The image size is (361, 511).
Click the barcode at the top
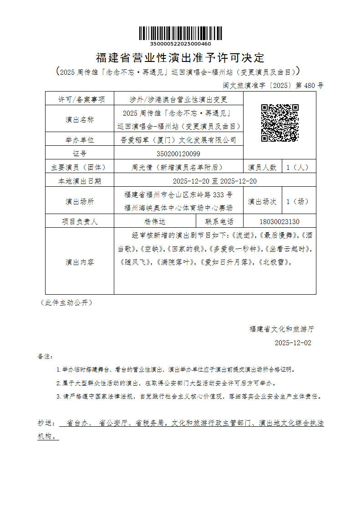pyautogui.click(x=180, y=33)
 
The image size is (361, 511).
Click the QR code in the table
pyautogui.click(x=280, y=123)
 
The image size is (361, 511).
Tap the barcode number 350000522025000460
pyautogui.click(x=180, y=44)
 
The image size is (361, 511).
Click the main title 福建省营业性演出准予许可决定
pyautogui.click(x=180, y=58)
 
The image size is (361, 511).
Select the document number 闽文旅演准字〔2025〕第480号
pyautogui.click(x=273, y=85)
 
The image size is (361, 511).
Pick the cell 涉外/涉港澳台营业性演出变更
pyautogui.click(x=178, y=99)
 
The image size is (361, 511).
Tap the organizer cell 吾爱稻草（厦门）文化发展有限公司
pyautogui.click(x=178, y=140)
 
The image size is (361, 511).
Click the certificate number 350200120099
pyautogui.click(x=178, y=153)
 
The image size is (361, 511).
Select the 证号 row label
pyautogui.click(x=80, y=153)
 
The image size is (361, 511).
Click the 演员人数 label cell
pyautogui.click(x=262, y=167)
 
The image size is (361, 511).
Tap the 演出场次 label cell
pyautogui.click(x=262, y=201)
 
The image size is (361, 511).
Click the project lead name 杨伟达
pyautogui.click(x=155, y=222)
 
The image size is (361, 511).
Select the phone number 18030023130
pyautogui.click(x=279, y=222)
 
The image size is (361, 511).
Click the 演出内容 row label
pyautogui.click(x=80, y=262)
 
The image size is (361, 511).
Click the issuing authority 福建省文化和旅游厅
pyautogui.click(x=281, y=328)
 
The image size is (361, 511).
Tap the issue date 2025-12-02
pyautogui.click(x=293, y=342)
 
